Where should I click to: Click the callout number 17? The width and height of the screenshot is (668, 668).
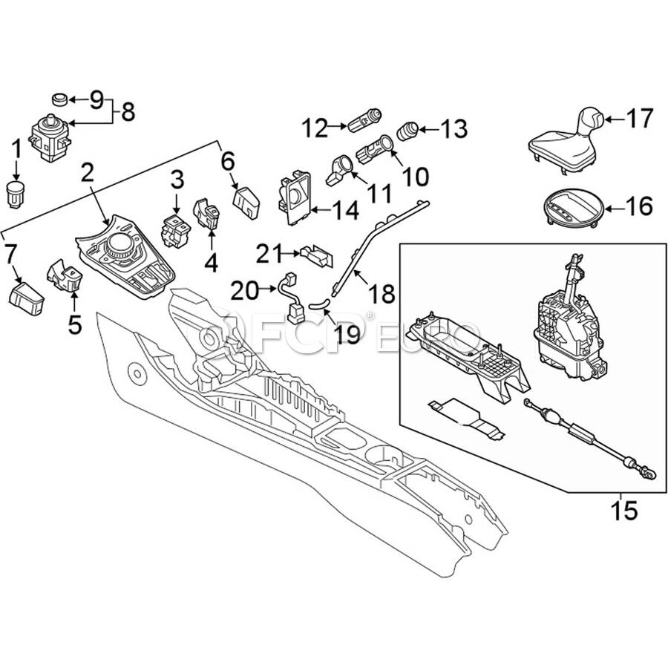640,119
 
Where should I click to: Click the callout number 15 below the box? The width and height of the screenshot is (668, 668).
624,510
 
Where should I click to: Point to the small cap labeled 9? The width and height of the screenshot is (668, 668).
59,99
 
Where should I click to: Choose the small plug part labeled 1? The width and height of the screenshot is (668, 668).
16,194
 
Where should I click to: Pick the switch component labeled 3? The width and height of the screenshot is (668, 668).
175,231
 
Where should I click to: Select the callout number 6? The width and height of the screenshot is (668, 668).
228,162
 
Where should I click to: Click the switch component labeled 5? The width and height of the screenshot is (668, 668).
65,275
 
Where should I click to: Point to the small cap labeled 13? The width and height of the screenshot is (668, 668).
408,131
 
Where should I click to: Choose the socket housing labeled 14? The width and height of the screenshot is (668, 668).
295,197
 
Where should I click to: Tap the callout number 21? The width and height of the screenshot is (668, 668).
269,254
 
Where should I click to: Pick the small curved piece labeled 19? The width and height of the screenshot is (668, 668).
319,304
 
